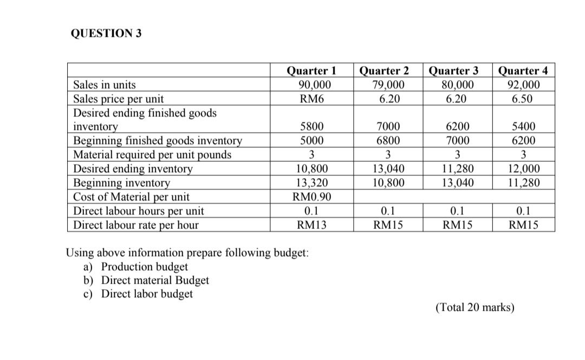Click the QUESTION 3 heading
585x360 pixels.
point(106,34)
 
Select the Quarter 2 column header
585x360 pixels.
point(384,71)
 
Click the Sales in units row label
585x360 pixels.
point(105,85)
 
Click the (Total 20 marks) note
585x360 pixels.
point(475,308)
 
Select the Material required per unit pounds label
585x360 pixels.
point(152,155)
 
